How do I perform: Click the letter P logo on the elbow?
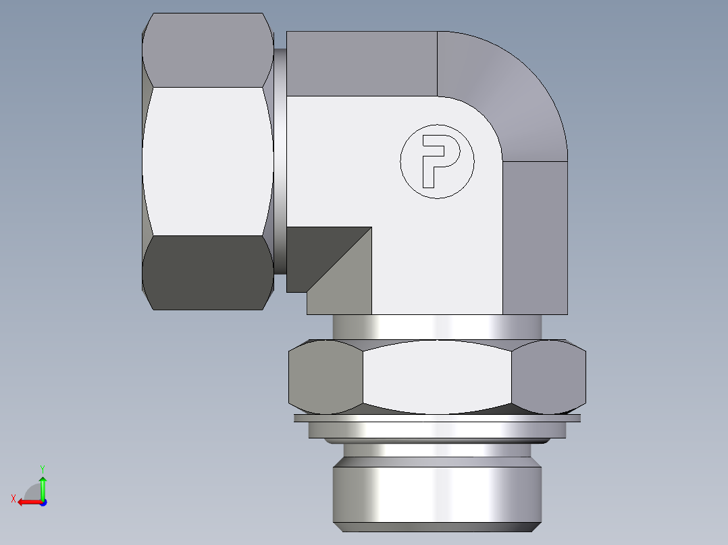(437, 161)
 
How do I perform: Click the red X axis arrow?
(27, 502)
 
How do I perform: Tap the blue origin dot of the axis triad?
(43, 502)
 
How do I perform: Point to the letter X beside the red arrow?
(13, 498)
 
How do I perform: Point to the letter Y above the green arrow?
(42, 468)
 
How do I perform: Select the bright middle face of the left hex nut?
(207, 161)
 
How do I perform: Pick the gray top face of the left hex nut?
(207, 50)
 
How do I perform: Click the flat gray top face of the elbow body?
(361, 63)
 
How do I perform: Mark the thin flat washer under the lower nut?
(437, 418)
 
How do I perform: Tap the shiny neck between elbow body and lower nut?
(437, 327)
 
